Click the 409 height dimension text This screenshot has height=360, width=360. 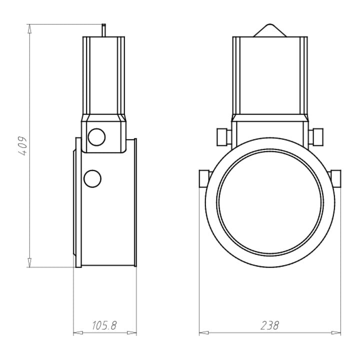coord(23,146)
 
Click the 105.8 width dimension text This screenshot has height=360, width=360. coord(104,325)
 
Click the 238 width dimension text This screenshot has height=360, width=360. coord(270,325)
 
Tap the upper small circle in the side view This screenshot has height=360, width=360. coord(96,137)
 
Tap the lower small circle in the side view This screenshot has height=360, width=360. coord(92,179)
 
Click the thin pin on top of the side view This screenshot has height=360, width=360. coord(104,30)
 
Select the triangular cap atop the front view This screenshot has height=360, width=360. coord(270,30)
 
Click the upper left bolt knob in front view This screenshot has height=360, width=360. coord(224,137)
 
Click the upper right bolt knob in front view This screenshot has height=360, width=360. coord(315,136)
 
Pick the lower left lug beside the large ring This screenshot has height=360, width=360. coord(204,178)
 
